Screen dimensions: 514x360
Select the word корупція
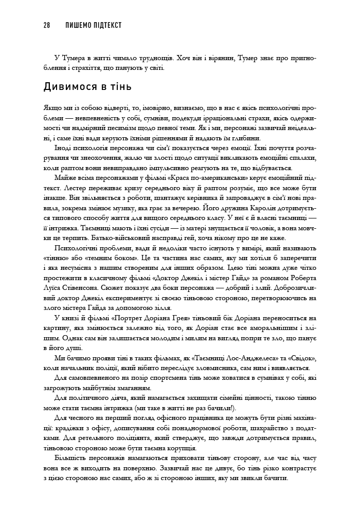193,446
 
